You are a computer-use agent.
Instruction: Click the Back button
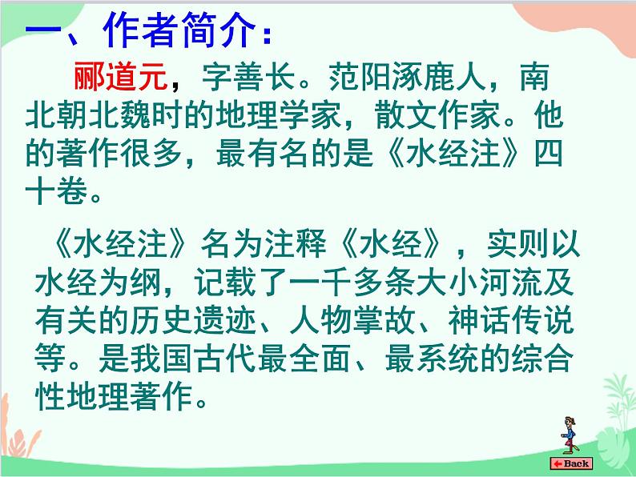click(570, 463)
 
